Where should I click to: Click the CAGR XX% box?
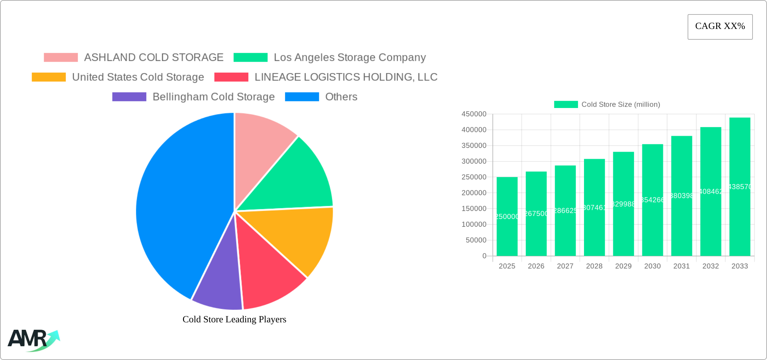pyautogui.click(x=720, y=27)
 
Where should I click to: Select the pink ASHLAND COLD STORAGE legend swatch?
pyautogui.click(x=61, y=58)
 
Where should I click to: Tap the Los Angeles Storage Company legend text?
pyautogui.click(x=350, y=58)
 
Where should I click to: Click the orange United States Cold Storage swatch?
pyautogui.click(x=49, y=77)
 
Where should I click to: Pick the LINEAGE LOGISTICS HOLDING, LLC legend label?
pyautogui.click(x=346, y=77)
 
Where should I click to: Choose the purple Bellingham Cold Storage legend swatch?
pyautogui.click(x=129, y=97)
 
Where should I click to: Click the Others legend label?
pyautogui.click(x=341, y=97)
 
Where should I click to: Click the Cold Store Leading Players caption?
pyautogui.click(x=234, y=319)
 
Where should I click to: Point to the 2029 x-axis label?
pyautogui.click(x=623, y=266)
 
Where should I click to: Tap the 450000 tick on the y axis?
pyautogui.click(x=474, y=114)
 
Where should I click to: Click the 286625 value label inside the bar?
pyautogui.click(x=565, y=211)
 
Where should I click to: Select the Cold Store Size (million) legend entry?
pyautogui.click(x=607, y=104)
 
